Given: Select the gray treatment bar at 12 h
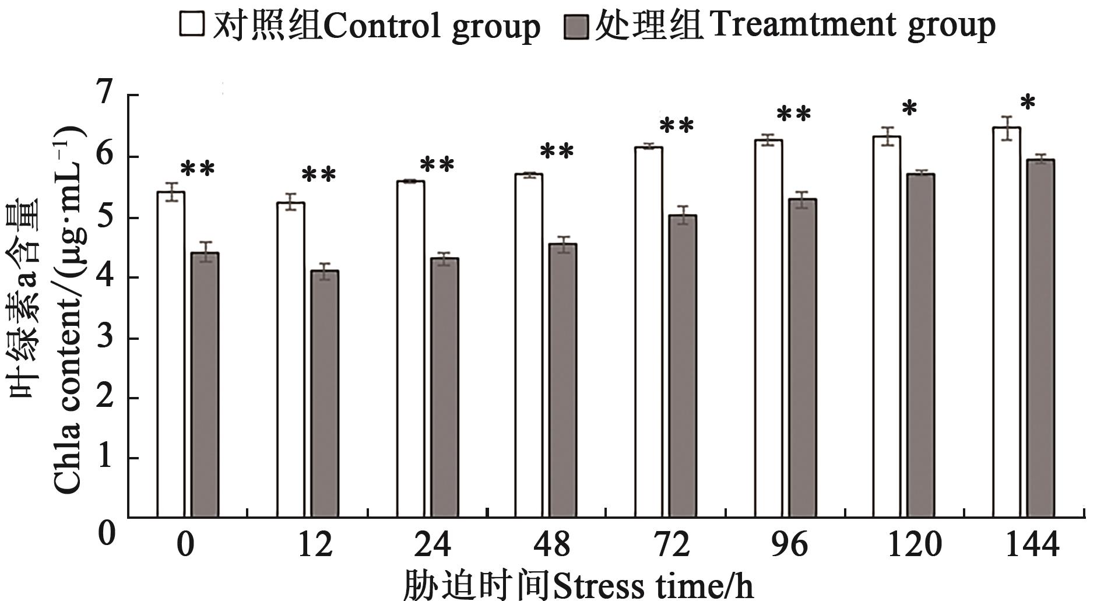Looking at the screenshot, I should pos(325,393).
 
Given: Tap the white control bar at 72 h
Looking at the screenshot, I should pos(648,332).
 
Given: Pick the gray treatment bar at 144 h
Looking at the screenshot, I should pos(1040,338).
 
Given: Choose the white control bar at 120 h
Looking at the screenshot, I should pos(886,326).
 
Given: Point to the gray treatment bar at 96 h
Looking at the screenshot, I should pos(801,358).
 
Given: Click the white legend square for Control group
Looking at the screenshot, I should pos(192,24).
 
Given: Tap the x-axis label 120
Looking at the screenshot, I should pos(914,544).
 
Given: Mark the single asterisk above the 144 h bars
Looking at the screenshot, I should pos(1028,104).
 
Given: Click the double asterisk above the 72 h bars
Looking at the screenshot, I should pos(676,125).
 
